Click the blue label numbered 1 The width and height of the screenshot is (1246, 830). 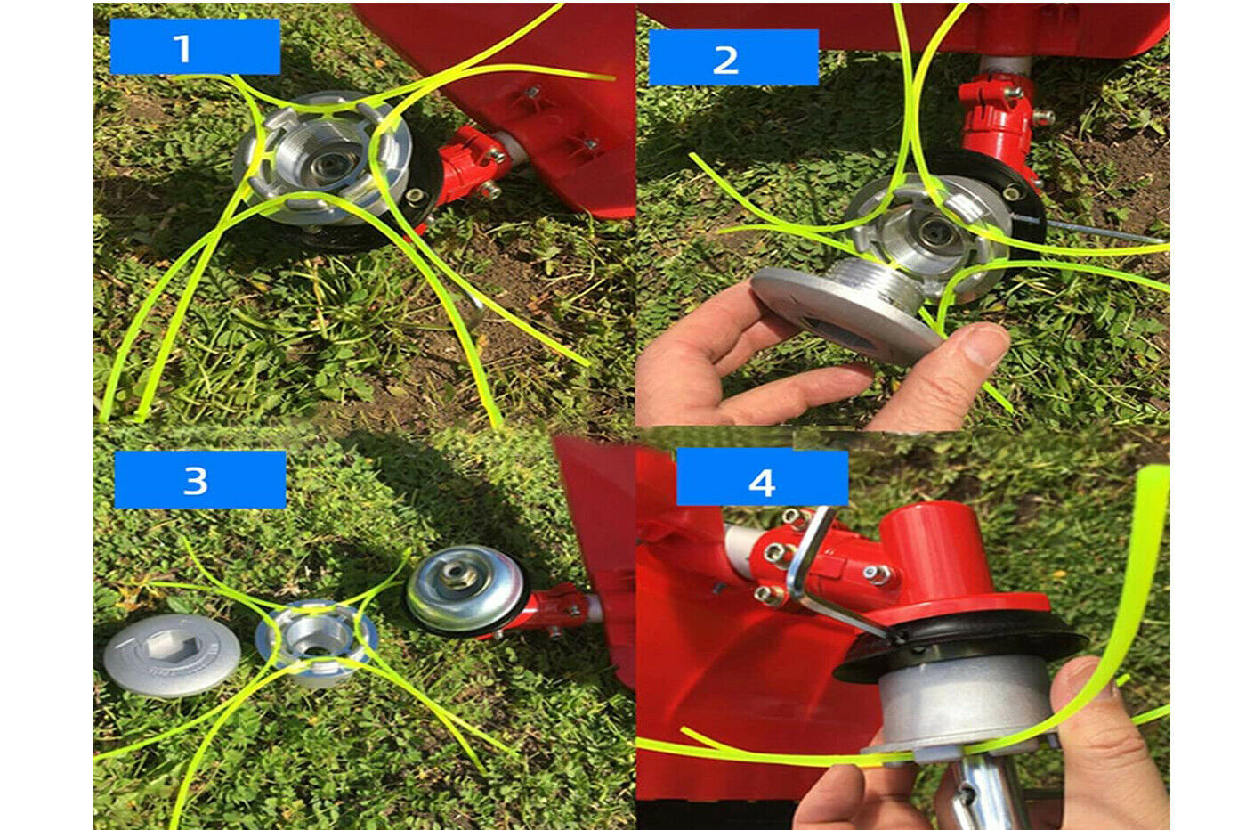click(x=195, y=47)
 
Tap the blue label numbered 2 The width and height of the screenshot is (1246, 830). click(x=733, y=57)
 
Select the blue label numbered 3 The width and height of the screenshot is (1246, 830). click(x=199, y=480)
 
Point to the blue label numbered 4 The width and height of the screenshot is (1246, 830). click(x=762, y=477)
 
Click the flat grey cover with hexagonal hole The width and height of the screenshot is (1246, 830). click(x=172, y=655)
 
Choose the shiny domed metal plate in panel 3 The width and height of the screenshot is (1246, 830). click(x=464, y=589)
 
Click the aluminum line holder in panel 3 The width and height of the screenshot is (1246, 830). click(x=317, y=641)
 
